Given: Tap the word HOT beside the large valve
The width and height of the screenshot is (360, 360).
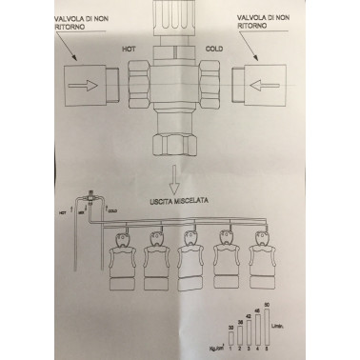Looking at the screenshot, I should tap(130, 46).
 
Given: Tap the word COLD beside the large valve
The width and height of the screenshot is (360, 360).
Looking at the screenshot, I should tap(215, 44).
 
